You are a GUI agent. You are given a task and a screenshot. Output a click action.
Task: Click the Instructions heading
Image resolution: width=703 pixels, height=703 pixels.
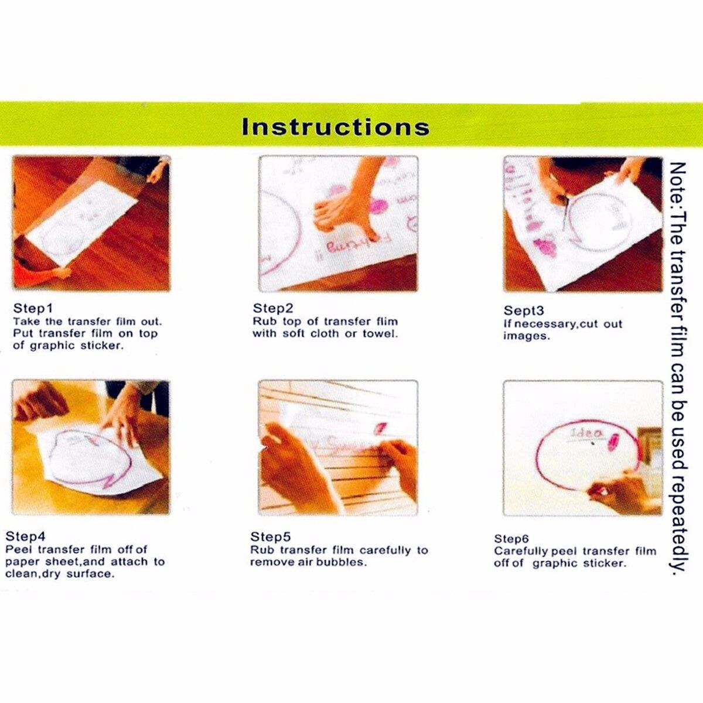click(335, 127)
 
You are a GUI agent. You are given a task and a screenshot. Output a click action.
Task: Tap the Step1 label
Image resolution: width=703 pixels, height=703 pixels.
click(33, 308)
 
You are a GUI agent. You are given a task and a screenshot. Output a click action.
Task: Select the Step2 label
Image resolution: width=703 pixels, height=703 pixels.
click(273, 308)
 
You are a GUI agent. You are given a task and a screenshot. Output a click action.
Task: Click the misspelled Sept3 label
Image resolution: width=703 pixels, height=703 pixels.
click(524, 310)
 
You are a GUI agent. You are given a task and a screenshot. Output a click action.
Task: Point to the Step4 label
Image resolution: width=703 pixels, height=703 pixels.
click(26, 536)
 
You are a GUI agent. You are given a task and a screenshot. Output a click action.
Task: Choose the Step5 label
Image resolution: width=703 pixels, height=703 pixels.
click(270, 537)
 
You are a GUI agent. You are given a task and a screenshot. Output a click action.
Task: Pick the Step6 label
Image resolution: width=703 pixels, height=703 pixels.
click(511, 539)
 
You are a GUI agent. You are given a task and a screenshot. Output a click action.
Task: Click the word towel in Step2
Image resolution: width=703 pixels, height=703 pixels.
click(380, 333)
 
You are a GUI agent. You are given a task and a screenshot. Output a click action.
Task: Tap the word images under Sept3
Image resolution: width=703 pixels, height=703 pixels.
click(526, 336)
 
